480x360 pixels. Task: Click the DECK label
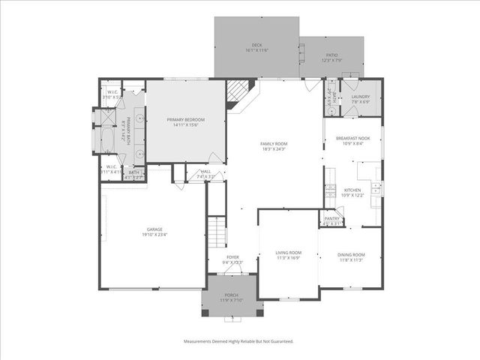[x=256, y=44]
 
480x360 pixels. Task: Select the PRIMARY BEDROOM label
[x=185, y=120]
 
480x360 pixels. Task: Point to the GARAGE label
[x=155, y=229]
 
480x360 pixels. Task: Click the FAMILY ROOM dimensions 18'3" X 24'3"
[x=274, y=149]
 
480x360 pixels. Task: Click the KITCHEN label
[x=352, y=190]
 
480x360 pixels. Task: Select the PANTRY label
[x=331, y=218]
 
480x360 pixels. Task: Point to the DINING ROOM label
[x=351, y=255]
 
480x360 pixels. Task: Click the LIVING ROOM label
[x=288, y=253]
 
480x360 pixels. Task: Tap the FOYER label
[x=233, y=257]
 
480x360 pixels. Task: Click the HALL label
[x=205, y=172]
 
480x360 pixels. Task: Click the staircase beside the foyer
[x=216, y=230]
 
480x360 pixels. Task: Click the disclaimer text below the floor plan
[x=239, y=340]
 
